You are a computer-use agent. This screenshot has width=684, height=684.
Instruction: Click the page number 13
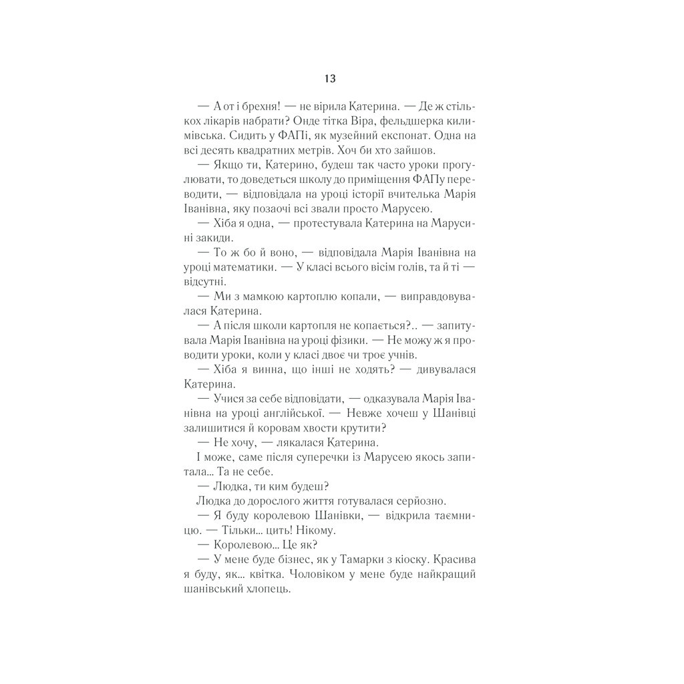click(x=330, y=78)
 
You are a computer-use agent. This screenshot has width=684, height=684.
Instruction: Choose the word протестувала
click(x=320, y=223)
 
